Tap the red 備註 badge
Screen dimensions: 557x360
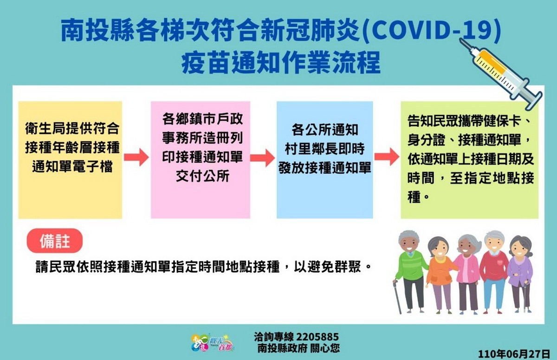click(55, 241)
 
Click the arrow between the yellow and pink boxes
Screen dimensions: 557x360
click(136, 157)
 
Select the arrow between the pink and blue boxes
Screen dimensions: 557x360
click(262, 158)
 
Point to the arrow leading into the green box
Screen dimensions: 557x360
click(387, 157)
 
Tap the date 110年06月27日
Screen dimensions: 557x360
click(514, 353)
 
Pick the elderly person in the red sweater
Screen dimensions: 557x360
click(493, 271)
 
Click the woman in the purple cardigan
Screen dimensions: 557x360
click(520, 274)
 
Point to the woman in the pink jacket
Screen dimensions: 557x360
click(467, 274)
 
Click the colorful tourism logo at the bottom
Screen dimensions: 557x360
click(212, 343)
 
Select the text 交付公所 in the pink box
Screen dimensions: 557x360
click(203, 177)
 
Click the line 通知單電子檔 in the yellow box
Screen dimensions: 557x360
click(72, 166)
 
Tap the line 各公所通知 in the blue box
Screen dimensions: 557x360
click(325, 130)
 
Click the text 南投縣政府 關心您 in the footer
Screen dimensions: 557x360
click(298, 348)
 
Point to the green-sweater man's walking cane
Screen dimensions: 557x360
click(397, 297)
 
